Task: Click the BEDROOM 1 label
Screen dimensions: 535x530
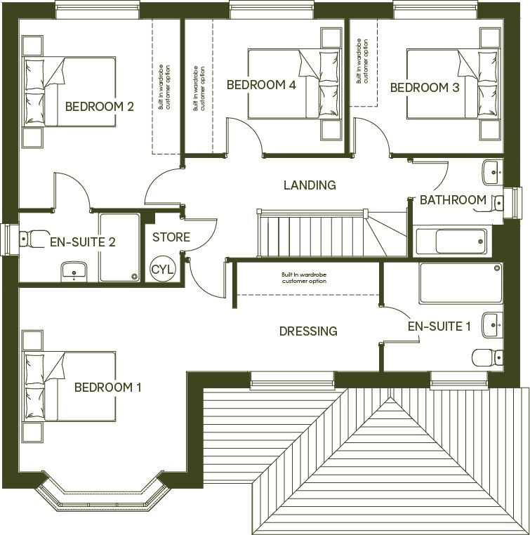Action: (x=108, y=387)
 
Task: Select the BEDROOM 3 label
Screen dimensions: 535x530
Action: (x=425, y=88)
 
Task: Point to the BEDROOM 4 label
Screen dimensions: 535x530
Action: (x=260, y=85)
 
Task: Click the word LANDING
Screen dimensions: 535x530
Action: (x=310, y=185)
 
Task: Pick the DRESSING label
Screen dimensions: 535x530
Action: (x=308, y=331)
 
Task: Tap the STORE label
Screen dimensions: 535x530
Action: (x=171, y=237)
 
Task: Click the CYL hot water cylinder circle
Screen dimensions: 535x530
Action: (x=161, y=267)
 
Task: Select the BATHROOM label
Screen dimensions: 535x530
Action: (x=453, y=200)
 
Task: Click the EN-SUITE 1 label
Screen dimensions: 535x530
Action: (x=439, y=326)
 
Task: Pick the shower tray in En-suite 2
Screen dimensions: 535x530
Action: (x=119, y=247)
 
